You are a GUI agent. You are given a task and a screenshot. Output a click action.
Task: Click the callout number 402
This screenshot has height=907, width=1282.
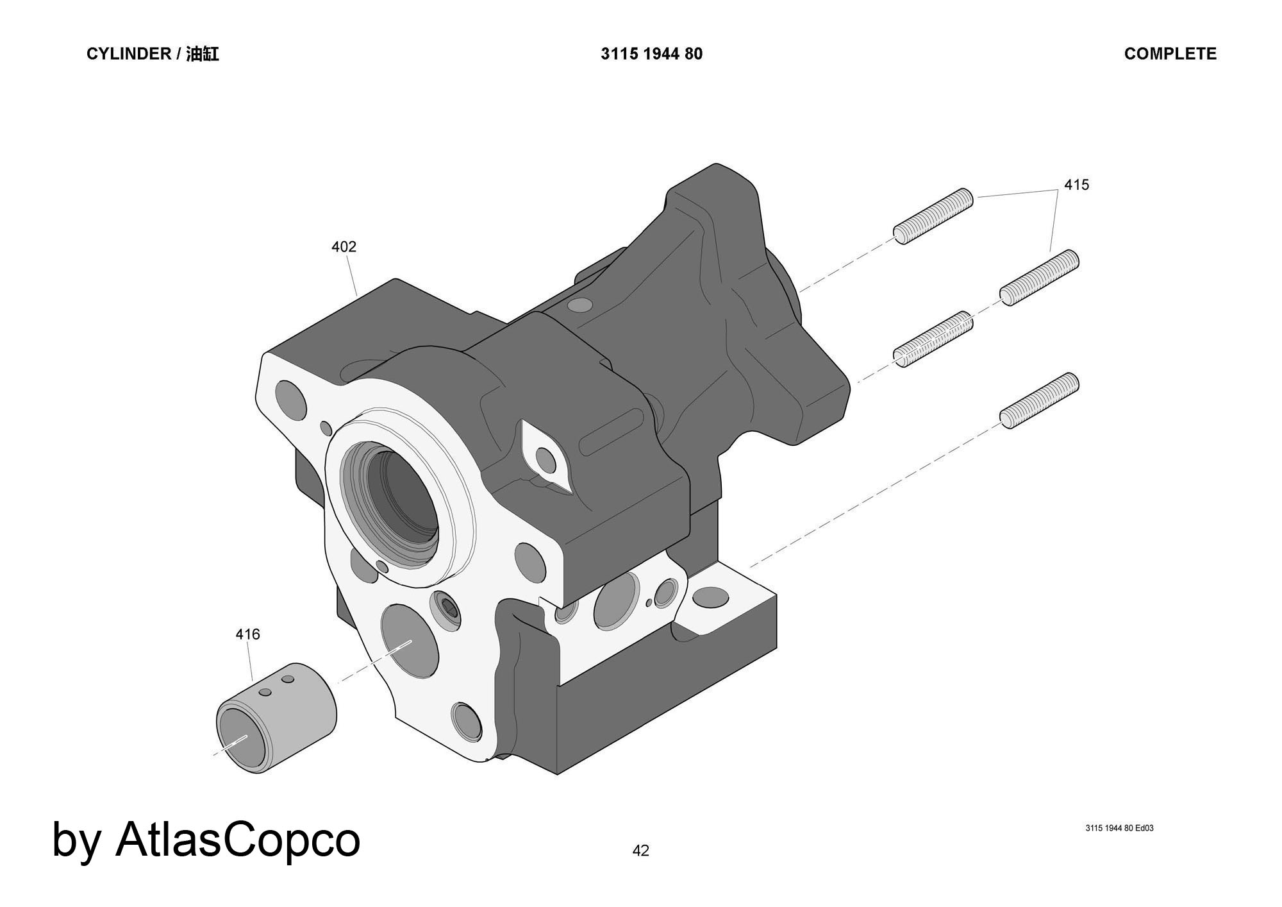tap(344, 247)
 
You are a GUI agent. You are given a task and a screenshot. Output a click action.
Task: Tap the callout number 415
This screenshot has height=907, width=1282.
tap(1076, 185)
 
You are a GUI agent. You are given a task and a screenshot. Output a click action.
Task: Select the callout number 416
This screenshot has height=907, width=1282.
tap(247, 634)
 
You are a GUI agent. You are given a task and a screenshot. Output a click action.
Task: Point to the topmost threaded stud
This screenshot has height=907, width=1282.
tap(933, 216)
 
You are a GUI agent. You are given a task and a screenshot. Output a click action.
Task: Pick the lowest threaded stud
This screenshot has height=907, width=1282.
tap(1039, 400)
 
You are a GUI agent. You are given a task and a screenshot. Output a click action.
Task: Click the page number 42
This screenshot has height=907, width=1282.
tap(640, 851)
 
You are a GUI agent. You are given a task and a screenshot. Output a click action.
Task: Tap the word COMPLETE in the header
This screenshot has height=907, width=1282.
tap(1170, 54)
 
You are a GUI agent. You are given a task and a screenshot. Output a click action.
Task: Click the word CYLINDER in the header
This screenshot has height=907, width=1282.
tap(128, 54)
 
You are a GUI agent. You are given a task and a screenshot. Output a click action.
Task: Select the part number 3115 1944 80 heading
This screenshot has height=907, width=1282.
tap(651, 54)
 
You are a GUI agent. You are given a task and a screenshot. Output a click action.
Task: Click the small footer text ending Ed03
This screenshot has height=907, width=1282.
tap(1119, 828)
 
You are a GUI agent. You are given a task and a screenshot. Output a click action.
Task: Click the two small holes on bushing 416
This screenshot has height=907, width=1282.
tap(276, 686)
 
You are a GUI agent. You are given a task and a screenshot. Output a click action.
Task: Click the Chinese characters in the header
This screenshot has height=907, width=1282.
tap(203, 54)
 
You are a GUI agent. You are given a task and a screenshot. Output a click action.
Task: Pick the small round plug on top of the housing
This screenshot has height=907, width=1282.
tap(581, 305)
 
